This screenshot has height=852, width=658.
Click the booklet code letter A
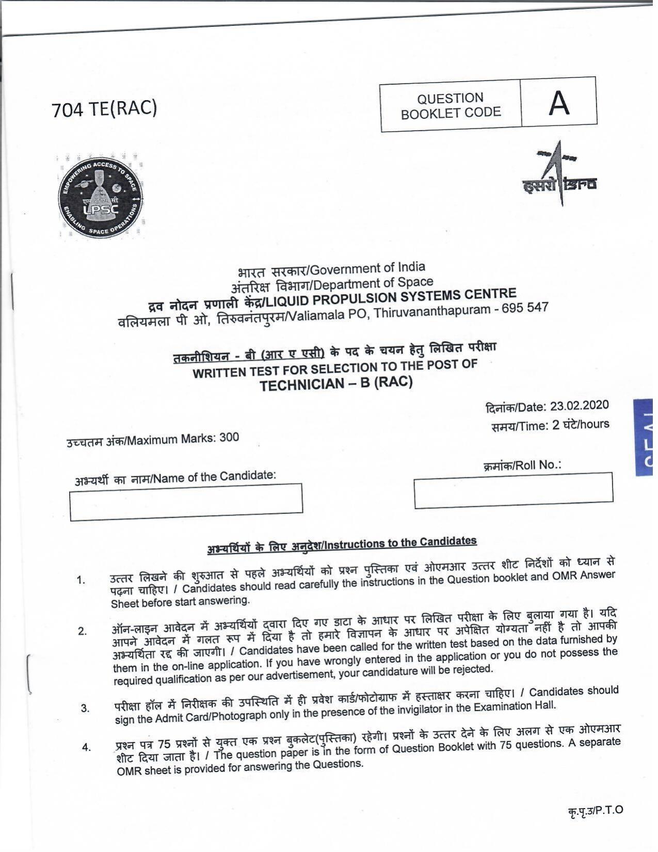click(x=559, y=103)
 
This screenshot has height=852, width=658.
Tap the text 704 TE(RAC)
click(x=104, y=109)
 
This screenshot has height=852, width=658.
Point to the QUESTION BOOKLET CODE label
click(x=451, y=106)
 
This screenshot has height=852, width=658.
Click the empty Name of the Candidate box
click(x=186, y=502)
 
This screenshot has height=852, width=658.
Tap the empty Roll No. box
click(x=513, y=490)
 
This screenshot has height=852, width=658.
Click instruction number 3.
click(x=85, y=708)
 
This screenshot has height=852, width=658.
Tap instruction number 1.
click(x=81, y=581)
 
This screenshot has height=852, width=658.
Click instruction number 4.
click(x=86, y=747)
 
